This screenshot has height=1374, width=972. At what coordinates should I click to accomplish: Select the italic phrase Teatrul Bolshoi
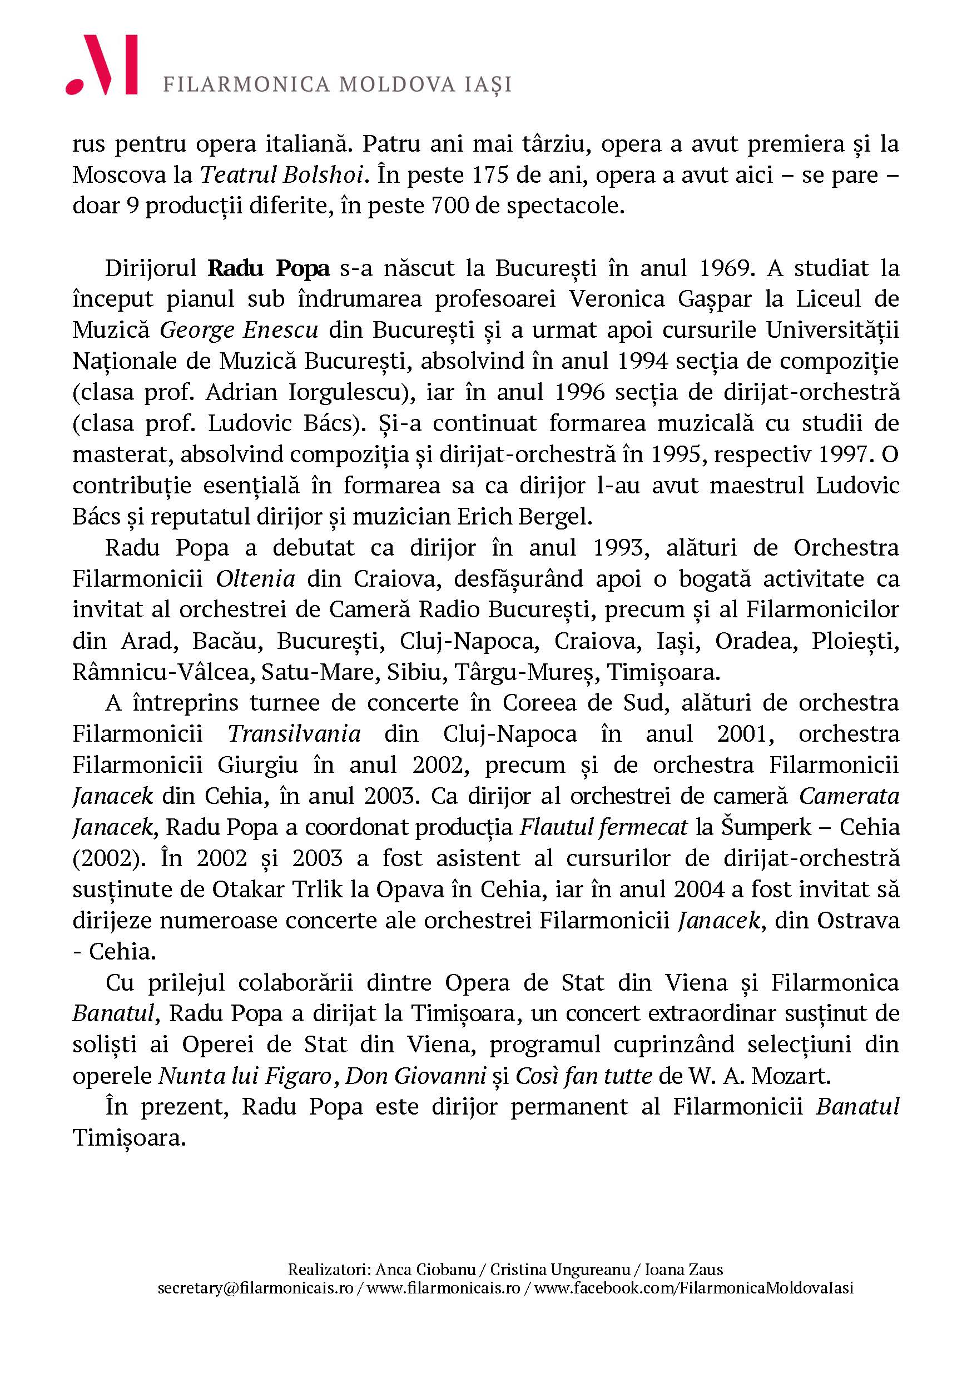pyautogui.click(x=282, y=175)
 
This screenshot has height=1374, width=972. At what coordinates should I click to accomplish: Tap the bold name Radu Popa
pyautogui.click(x=269, y=268)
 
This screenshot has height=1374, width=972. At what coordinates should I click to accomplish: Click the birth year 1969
pyautogui.click(x=725, y=268)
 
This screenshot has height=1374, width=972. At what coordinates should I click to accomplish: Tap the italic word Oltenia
pyautogui.click(x=256, y=579)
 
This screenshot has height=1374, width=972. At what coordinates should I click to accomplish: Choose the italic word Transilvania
pyautogui.click(x=294, y=735)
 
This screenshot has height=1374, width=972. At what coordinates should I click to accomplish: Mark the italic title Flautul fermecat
pyautogui.click(x=604, y=828)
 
